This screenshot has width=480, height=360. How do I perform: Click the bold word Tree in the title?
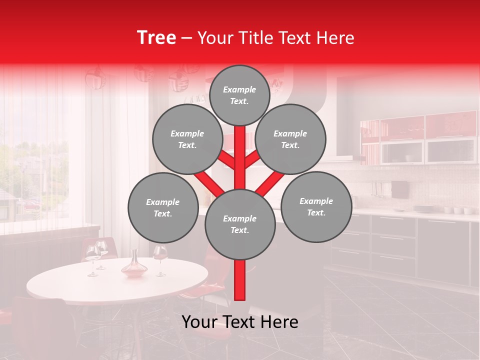(156, 38)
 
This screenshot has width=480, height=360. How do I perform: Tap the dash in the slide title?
(186, 38)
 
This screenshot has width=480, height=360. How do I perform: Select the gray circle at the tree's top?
(239, 95)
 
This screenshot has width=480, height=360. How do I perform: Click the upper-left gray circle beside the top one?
(187, 139)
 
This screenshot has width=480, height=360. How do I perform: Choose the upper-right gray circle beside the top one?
(290, 139)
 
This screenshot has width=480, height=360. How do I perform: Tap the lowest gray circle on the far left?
(163, 207)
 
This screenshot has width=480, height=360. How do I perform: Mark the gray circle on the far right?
(316, 206)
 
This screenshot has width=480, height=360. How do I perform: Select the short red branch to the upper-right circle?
(253, 158)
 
